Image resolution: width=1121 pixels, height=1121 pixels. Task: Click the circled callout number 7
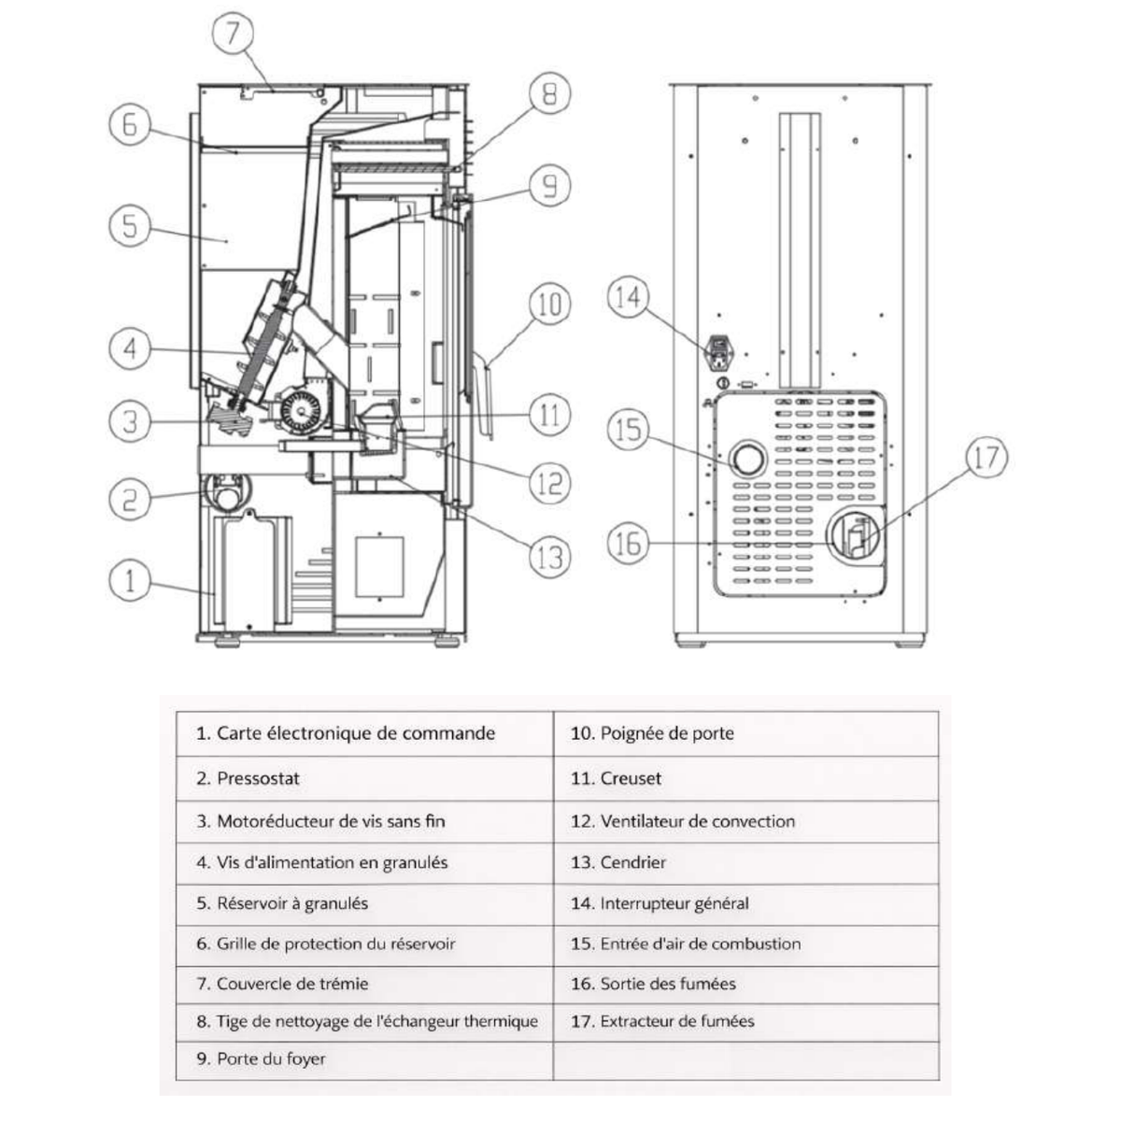tap(233, 33)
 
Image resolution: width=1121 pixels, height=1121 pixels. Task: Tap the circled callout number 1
tap(130, 580)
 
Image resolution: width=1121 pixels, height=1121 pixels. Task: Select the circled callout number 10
tap(549, 305)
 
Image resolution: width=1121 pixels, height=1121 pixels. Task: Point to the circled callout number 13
tap(549, 558)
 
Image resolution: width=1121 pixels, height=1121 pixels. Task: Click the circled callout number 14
tap(628, 297)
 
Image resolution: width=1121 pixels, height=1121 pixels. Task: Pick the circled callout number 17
tap(986, 457)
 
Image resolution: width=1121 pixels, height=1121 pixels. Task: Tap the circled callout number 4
tap(130, 348)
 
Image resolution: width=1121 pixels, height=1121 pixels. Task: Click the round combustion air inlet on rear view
tap(748, 460)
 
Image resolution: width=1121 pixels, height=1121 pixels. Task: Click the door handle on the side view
tap(485, 394)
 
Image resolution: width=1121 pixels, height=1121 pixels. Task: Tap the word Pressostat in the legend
tap(258, 778)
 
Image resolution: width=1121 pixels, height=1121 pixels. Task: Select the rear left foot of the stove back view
tap(690, 644)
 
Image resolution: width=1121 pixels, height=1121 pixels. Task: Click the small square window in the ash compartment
tap(379, 567)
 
